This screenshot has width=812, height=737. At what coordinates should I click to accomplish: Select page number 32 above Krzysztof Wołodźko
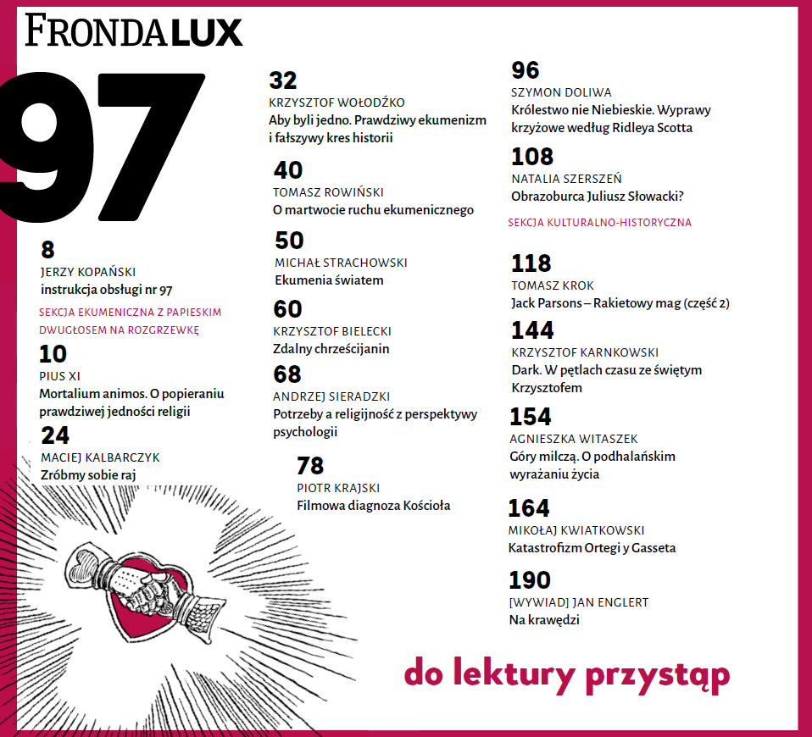point(283,80)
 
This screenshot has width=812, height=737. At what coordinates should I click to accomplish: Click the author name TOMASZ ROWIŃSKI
point(329,192)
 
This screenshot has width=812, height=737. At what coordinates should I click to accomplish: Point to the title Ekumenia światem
point(329,280)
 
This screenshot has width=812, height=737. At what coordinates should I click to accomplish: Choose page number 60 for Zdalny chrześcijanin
point(288,309)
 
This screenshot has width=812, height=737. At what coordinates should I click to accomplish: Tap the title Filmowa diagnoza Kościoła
point(373,506)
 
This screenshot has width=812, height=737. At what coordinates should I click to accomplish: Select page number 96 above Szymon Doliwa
point(526,70)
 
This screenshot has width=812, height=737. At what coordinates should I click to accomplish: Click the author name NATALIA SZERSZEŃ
point(566,179)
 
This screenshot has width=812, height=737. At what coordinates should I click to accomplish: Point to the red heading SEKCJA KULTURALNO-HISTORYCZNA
point(599,223)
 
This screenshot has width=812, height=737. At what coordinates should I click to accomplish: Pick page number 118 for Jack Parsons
point(531,263)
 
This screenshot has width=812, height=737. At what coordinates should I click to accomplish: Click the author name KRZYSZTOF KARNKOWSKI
point(585,352)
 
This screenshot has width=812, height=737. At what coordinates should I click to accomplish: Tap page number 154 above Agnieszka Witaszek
point(530,417)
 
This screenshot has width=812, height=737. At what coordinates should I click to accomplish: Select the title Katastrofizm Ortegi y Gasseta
point(592,548)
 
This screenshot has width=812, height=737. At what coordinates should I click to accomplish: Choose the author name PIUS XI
point(60,376)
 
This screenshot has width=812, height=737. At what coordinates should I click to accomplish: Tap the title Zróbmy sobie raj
point(88,475)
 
